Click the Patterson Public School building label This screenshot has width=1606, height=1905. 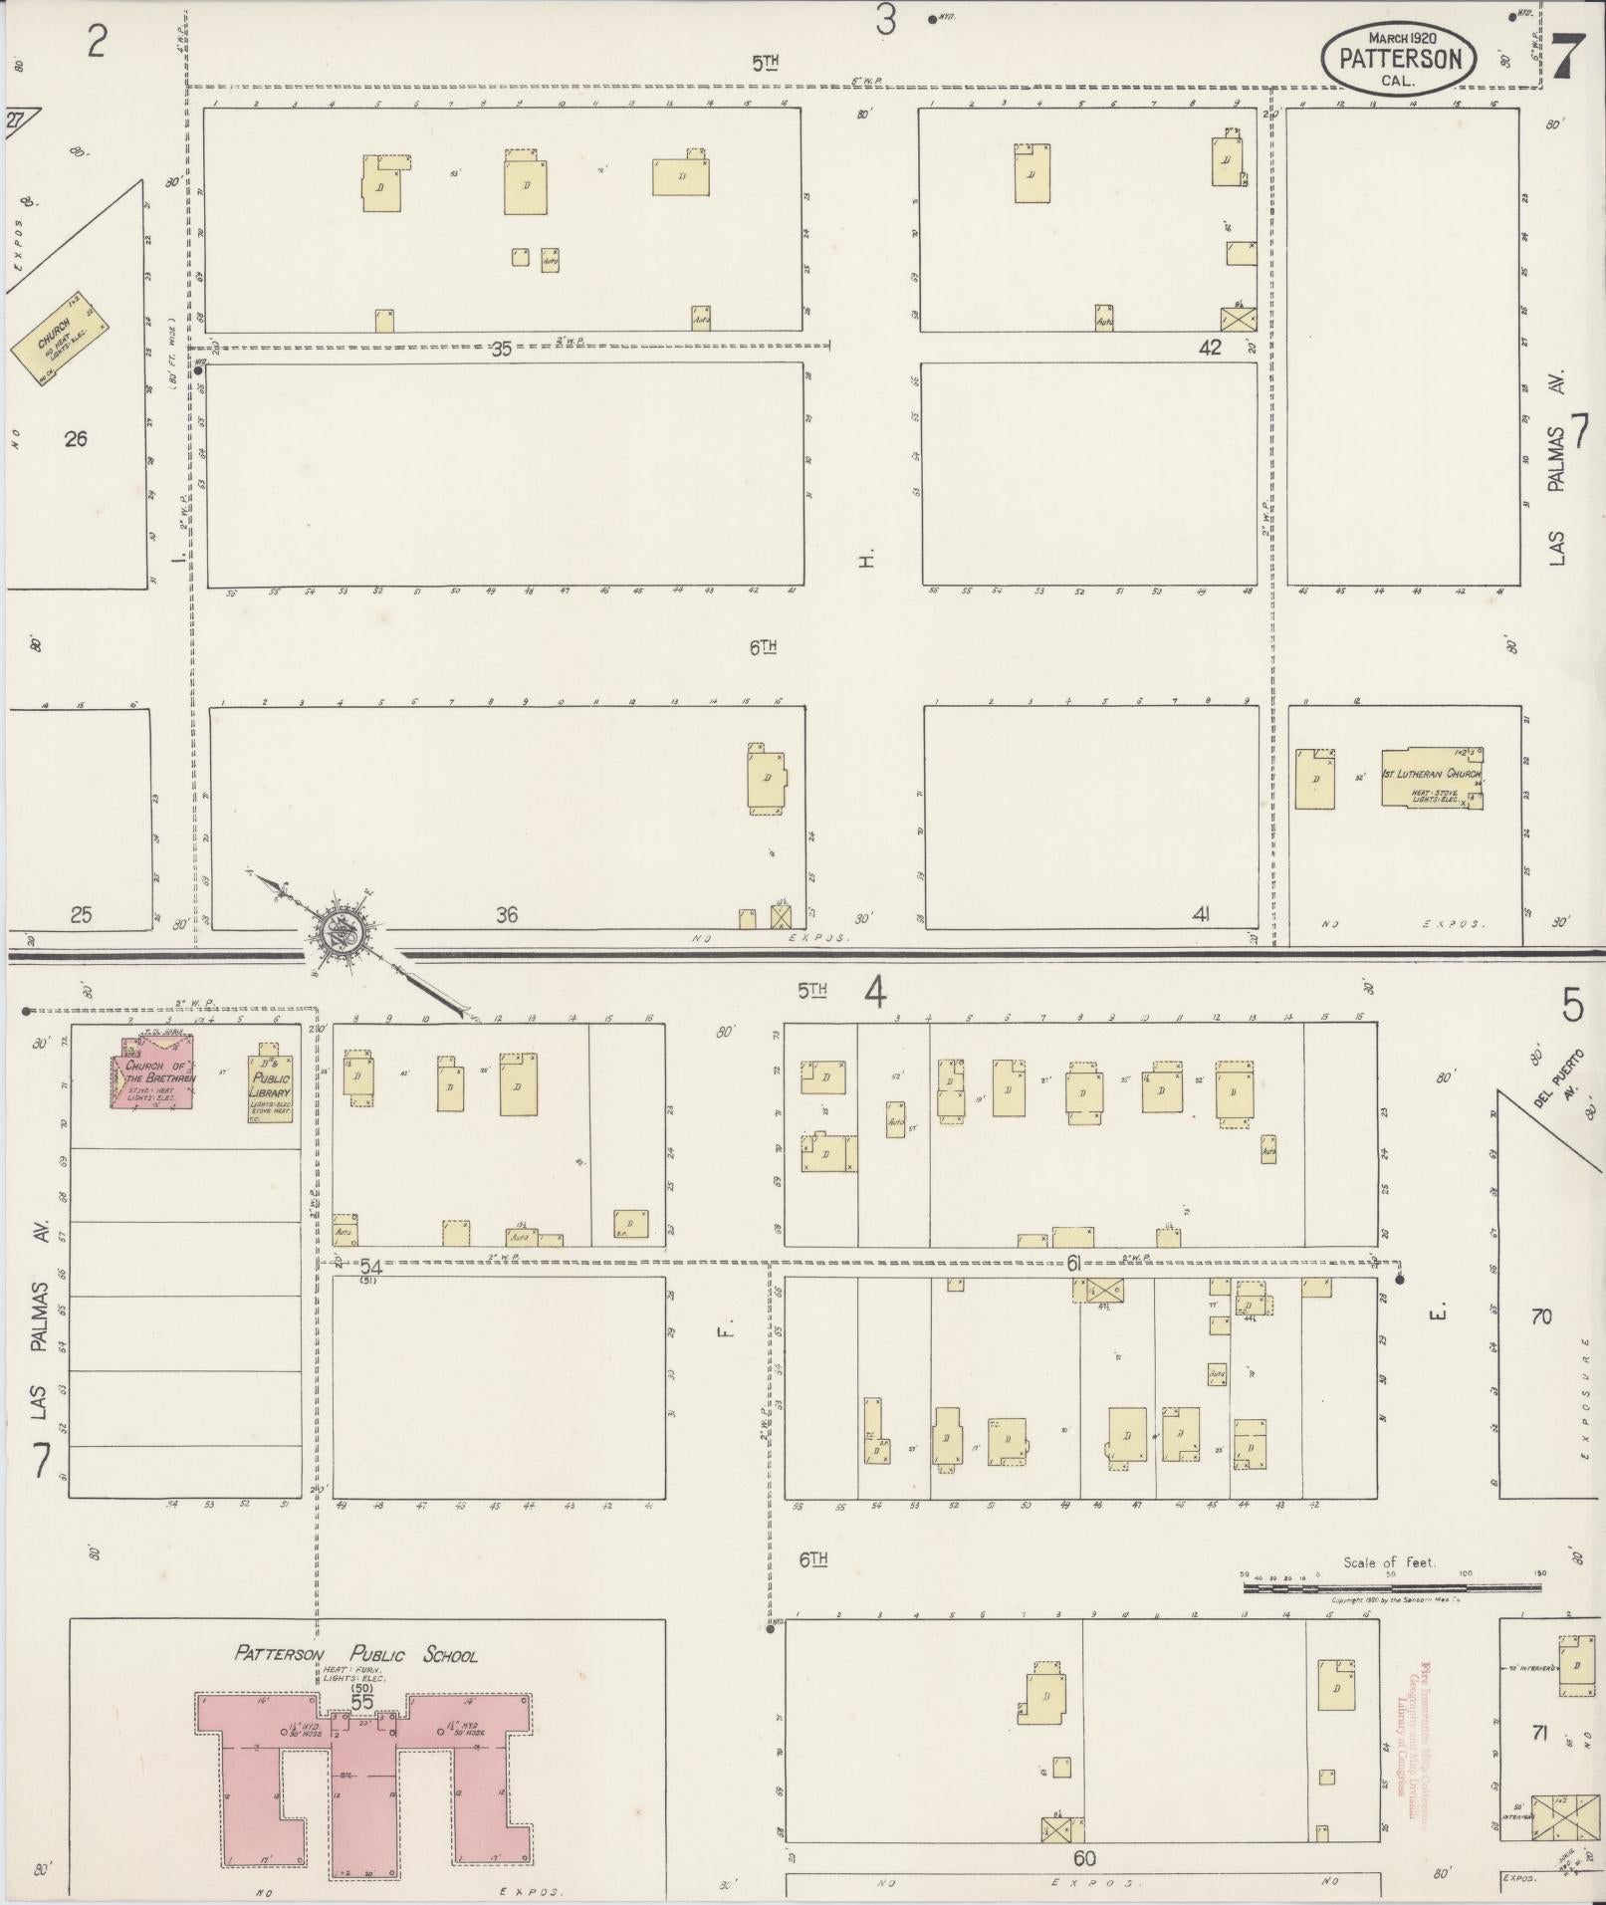355,1655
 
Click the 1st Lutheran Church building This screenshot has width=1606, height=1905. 1431,778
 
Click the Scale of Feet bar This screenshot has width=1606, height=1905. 1392,1588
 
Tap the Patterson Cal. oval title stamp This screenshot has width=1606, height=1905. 1400,60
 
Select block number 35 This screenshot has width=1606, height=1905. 501,350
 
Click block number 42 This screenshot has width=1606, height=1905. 1210,348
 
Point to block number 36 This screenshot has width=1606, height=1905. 507,913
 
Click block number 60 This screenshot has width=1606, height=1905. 1084,1858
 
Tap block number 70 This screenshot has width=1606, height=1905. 1540,1316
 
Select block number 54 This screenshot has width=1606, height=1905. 371,1268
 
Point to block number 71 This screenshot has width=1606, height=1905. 1539,1734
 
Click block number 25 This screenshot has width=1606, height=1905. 81,913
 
